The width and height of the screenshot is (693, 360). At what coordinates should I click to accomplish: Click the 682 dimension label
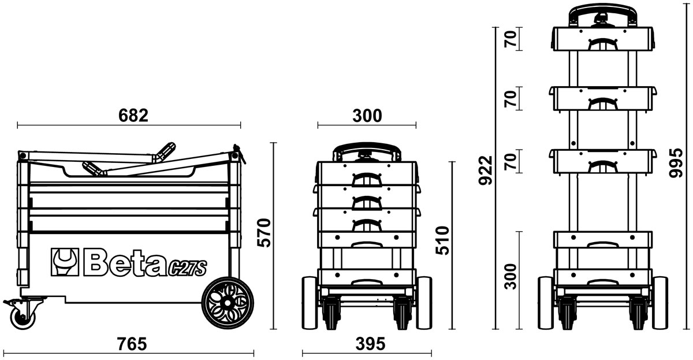coord(133,116)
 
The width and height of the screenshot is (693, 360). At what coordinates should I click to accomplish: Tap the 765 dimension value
coord(132,344)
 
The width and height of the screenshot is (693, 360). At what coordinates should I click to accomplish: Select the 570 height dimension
coord(264,233)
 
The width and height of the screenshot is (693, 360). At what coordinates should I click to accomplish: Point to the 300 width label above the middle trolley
coord(367,116)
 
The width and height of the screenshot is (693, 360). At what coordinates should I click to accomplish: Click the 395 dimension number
coord(370,344)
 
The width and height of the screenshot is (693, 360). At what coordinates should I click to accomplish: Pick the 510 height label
coord(442,240)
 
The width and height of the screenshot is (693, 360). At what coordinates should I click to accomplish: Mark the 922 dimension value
coord(486,170)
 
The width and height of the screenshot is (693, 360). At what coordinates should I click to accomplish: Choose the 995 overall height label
coord(676,163)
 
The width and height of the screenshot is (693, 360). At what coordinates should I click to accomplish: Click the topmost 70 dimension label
coord(511,39)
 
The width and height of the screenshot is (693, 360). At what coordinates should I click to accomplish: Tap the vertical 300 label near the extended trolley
coord(511,276)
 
